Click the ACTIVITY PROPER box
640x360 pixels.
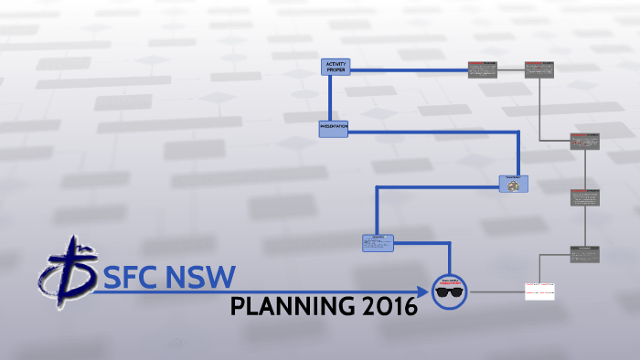336,68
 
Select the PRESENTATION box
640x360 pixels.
334,129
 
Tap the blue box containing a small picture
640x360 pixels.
514,183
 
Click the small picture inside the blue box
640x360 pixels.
514,185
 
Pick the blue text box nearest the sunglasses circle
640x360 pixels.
377,242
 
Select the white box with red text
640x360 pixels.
539,291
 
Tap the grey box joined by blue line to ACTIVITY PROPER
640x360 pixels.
483,69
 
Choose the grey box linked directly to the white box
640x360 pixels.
584,255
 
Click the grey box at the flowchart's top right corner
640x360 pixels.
539,69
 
